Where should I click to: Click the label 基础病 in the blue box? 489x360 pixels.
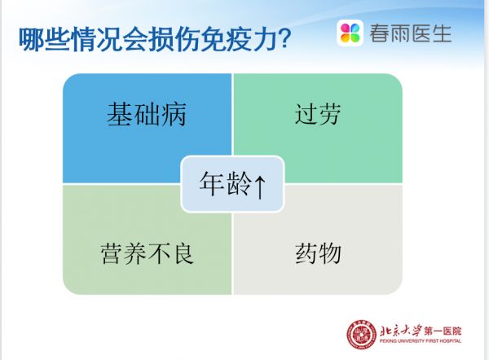coord(147,115)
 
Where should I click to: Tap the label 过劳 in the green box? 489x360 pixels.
coord(317,115)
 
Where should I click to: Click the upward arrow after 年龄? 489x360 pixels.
coord(258,186)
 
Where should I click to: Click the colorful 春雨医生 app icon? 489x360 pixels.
coord(350,33)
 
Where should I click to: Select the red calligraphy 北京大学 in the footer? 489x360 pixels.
coord(404,330)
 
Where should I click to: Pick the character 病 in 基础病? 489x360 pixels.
coord(174,115)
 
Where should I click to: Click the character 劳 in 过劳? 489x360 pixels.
coord(329,115)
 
